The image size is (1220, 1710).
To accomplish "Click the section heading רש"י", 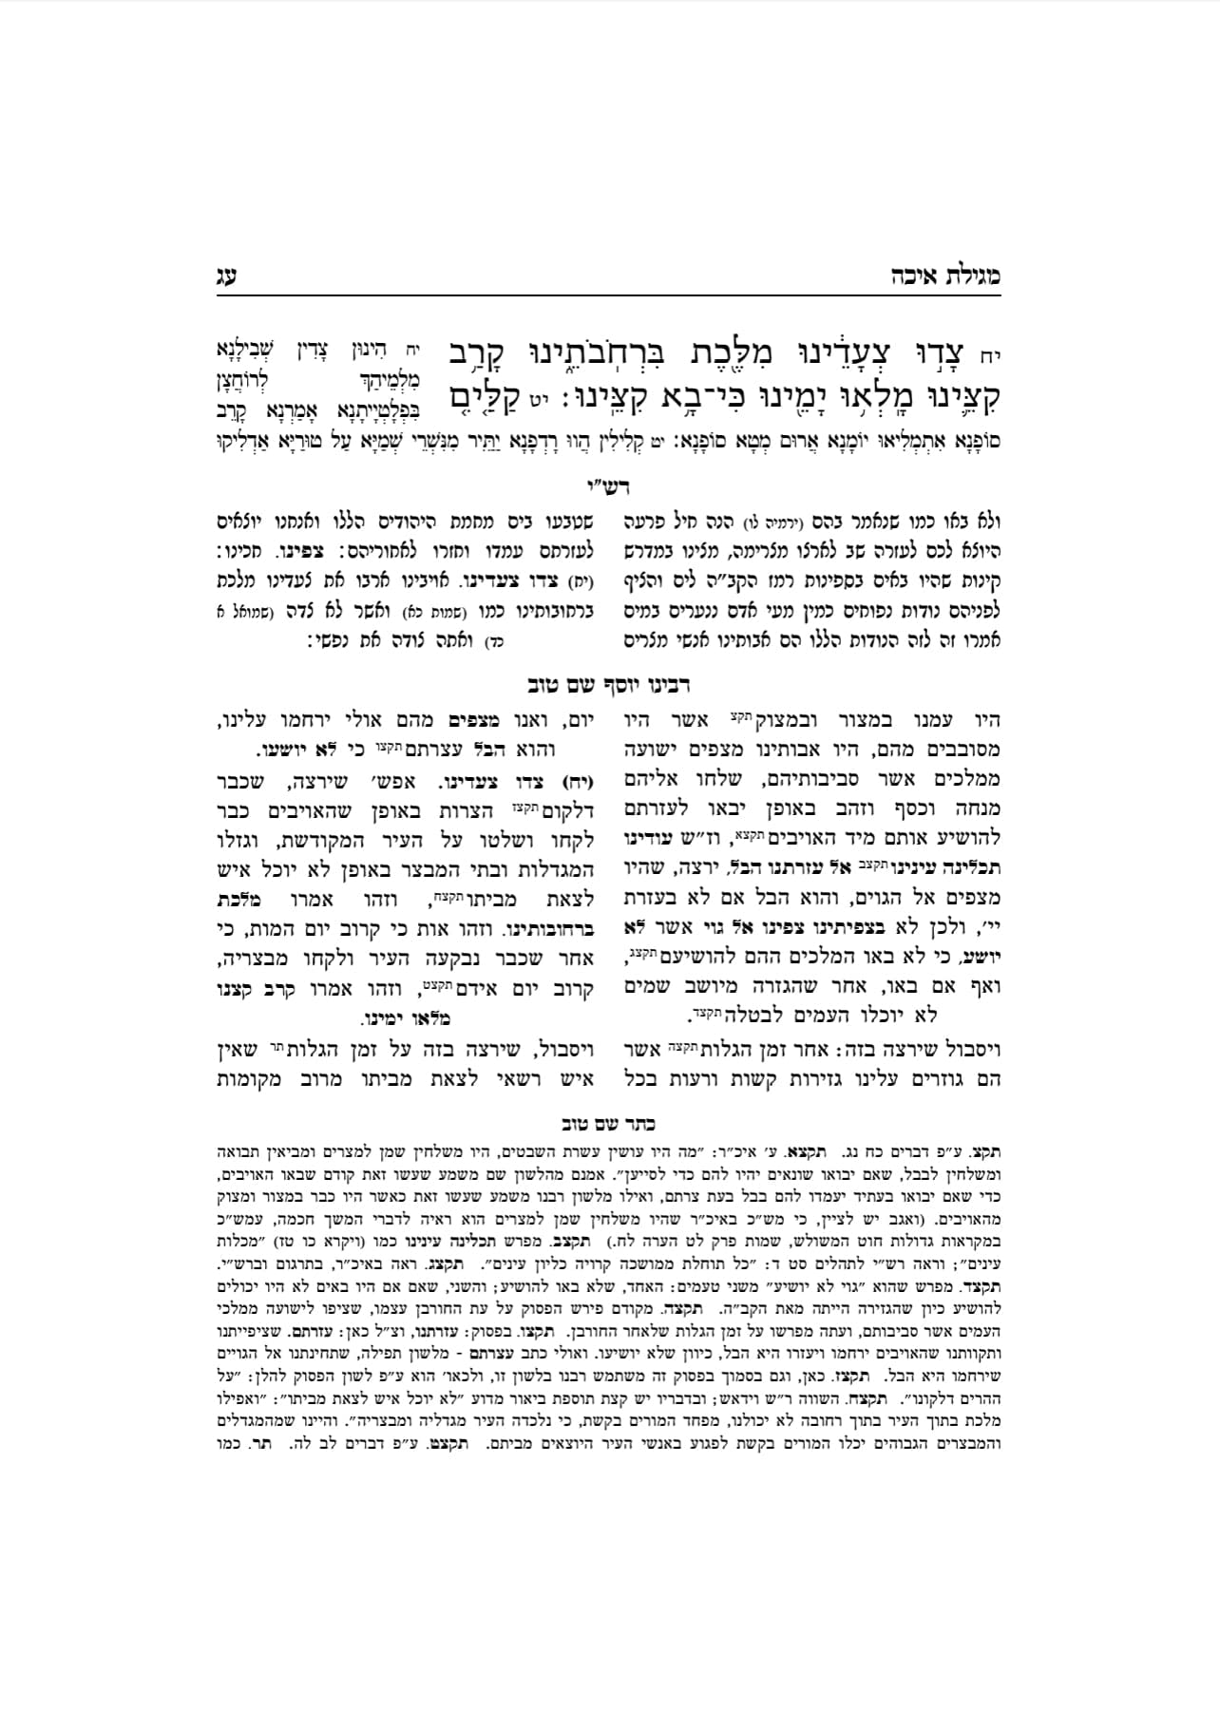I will coord(610,486).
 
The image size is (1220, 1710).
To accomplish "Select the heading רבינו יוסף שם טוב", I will coord(609,684).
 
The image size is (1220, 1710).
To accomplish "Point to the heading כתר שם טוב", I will coord(609,1123).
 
